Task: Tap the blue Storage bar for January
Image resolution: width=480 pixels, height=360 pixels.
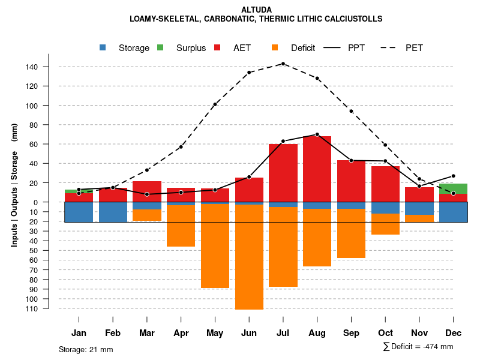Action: pos(79,212)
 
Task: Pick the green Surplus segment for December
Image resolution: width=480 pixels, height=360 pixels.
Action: pos(453,188)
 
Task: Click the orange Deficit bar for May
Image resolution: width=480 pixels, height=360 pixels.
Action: pos(215,246)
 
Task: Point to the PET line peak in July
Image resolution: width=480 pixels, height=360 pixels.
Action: pos(283,64)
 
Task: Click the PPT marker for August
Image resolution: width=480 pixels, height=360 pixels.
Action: pos(317,134)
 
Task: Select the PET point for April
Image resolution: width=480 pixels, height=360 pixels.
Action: pos(181,147)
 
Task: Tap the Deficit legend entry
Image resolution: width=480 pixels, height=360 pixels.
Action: pos(294,48)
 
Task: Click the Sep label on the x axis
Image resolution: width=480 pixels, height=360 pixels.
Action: pos(351,333)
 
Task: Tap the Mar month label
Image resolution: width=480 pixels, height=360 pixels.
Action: pos(147,333)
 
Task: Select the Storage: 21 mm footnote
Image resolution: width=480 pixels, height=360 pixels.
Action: pos(86,349)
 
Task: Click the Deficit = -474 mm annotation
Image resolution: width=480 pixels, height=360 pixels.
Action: pos(418,347)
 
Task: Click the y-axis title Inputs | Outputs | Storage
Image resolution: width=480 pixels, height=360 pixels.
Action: pos(14,185)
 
